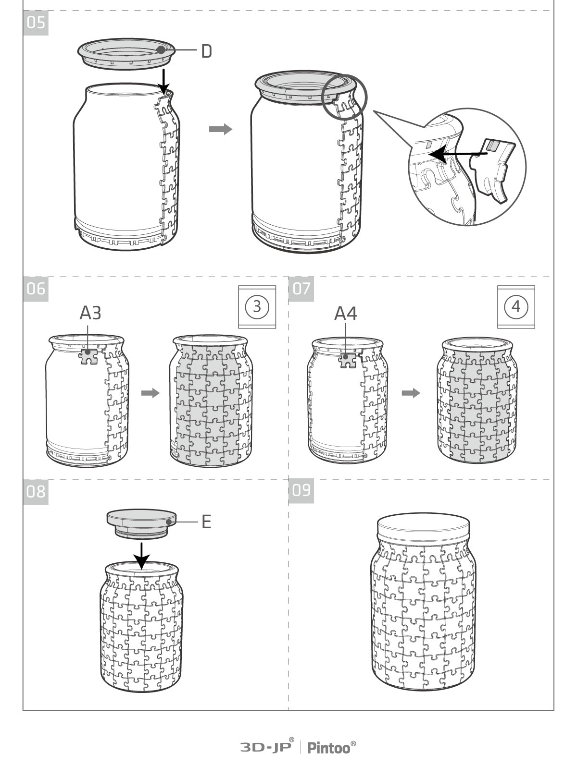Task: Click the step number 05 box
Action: pyautogui.click(x=36, y=23)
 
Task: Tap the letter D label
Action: pyautogui.click(x=207, y=51)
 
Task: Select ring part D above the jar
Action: pyautogui.click(x=126, y=54)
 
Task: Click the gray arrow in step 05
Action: pyautogui.click(x=221, y=129)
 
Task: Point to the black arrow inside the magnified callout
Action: pyautogui.click(x=458, y=154)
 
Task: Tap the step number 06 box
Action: pyautogui.click(x=36, y=289)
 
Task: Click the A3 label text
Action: pyautogui.click(x=90, y=313)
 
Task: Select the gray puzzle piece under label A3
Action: pyautogui.click(x=88, y=356)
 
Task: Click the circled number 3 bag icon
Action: pyautogui.click(x=257, y=307)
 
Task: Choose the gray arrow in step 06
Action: pyautogui.click(x=151, y=393)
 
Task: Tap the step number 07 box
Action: pyautogui.click(x=301, y=289)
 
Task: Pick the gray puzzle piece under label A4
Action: pyautogui.click(x=347, y=361)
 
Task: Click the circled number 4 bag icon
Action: pyautogui.click(x=516, y=307)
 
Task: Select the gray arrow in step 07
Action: pyautogui.click(x=411, y=393)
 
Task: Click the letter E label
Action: pyautogui.click(x=207, y=522)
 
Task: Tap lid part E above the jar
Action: pyautogui.click(x=142, y=523)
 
